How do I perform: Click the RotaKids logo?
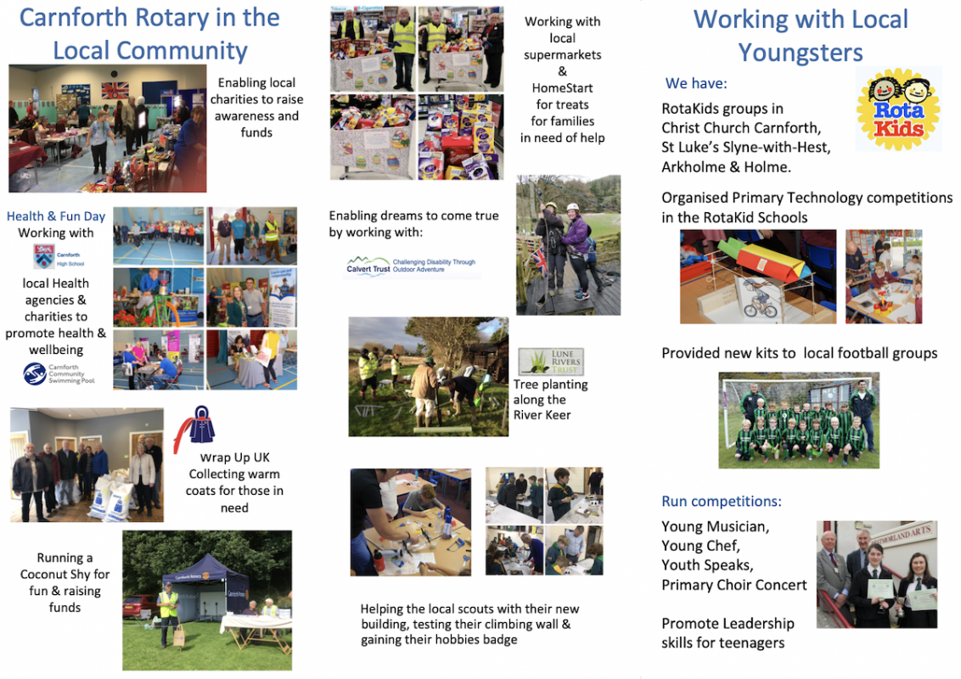point(898,109)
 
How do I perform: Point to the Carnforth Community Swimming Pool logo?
point(58,374)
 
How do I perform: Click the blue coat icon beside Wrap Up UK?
point(198,427)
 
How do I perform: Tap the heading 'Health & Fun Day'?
point(56,216)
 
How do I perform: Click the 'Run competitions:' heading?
point(722,501)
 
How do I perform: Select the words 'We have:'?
point(696,83)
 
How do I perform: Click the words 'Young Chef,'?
point(700,546)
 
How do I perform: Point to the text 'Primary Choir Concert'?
point(734,585)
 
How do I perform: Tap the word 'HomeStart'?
point(562,87)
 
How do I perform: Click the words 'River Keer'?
point(542,415)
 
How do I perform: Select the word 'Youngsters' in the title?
point(800,53)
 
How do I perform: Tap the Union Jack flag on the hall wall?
point(114,90)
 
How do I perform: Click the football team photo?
point(799,420)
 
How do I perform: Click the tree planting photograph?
point(428,376)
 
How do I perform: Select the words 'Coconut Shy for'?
point(65,575)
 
